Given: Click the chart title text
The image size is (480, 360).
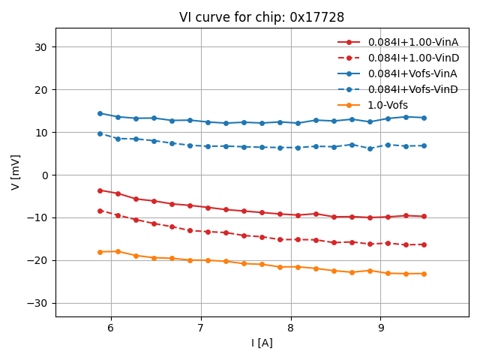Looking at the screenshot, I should pyautogui.click(x=262, y=17).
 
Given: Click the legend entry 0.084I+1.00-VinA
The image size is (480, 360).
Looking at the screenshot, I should pyautogui.click(x=412, y=42).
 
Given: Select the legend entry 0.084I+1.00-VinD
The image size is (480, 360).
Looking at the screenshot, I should pyautogui.click(x=412, y=58).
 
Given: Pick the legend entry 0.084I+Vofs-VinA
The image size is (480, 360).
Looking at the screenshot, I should pyautogui.click(x=412, y=73).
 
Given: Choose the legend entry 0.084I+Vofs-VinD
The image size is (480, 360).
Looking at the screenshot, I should pyautogui.click(x=412, y=89).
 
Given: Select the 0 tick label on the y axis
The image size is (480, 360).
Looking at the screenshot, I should pyautogui.click(x=45, y=175).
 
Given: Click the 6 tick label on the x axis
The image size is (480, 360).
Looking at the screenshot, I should pyautogui.click(x=111, y=328).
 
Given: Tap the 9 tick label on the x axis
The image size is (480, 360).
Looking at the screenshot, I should pyautogui.click(x=381, y=328).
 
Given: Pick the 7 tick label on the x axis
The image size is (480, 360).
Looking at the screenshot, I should pyautogui.click(x=201, y=328).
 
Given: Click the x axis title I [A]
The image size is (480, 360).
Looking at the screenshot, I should pyautogui.click(x=262, y=343).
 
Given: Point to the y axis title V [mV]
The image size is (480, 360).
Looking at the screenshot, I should pyautogui.click(x=15, y=172).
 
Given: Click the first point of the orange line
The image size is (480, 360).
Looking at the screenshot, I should pyautogui.click(x=100, y=252).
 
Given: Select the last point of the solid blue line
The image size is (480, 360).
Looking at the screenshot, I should pyautogui.click(x=424, y=118).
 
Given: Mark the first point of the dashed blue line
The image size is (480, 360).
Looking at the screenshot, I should pyautogui.click(x=100, y=133).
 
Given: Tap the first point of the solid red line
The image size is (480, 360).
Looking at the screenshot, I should pyautogui.click(x=100, y=190).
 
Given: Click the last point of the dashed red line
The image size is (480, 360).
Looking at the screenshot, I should pyautogui.click(x=424, y=244).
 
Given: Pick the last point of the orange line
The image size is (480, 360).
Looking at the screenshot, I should pyautogui.click(x=424, y=274).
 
